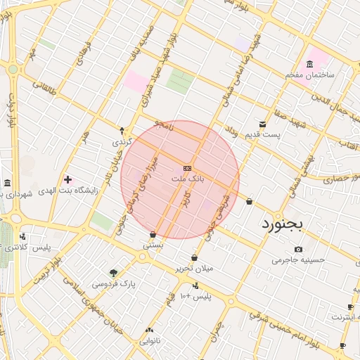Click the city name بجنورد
coord(285,225)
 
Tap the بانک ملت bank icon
coord(187,168)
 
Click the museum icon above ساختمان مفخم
coord(310,64)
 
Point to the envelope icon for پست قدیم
coord(262,124)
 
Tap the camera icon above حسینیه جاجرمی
coord(299,249)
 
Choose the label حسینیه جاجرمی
coord(300,259)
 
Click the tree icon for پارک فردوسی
coord(114,273)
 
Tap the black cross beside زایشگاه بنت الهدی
coord(67,180)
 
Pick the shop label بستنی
coord(153,245)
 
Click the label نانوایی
coord(150,340)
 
